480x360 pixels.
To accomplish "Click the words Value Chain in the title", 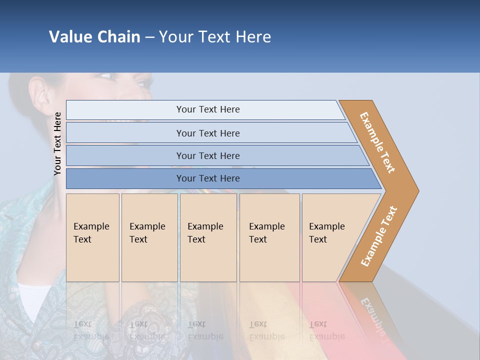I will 94,37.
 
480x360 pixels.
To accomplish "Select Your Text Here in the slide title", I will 215,37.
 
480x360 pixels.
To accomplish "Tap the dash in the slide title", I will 149,37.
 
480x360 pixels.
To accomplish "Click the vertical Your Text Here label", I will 57,143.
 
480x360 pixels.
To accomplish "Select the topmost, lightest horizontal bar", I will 207,109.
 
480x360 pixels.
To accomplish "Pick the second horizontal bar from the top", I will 207,133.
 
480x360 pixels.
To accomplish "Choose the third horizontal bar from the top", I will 207,155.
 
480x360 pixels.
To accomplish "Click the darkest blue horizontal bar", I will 207,178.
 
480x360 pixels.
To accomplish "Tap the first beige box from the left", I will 92,237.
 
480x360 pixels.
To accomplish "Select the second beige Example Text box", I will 149,237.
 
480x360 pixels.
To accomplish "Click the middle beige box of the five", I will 208,237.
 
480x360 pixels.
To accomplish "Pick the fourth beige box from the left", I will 269,237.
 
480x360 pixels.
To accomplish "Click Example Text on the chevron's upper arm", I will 377,142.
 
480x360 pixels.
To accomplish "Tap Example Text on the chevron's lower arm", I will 379,236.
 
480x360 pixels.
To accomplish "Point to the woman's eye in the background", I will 106,76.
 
